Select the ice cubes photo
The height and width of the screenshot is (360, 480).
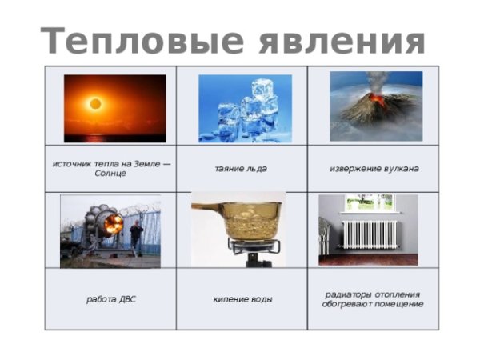point(245,108)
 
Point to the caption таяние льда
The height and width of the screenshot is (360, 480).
point(241,169)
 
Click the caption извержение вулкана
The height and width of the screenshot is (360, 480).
point(374,169)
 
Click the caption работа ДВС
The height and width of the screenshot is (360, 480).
point(110,299)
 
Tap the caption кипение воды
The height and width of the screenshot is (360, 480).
point(242,299)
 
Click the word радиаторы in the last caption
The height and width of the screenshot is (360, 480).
point(345,294)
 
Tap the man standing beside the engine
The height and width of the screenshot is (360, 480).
point(136,237)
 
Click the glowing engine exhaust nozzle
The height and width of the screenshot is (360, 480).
point(112,225)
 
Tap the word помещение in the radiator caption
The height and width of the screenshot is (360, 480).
point(398,304)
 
